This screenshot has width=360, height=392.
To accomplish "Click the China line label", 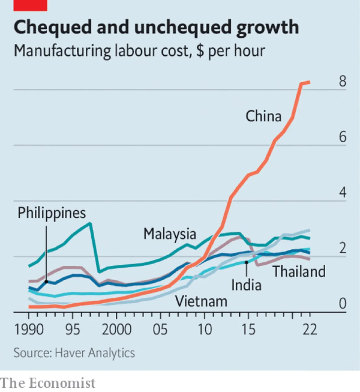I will [x=263, y=116].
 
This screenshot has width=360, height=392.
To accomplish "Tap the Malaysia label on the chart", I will [x=170, y=234].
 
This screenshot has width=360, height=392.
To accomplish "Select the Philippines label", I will [x=52, y=213].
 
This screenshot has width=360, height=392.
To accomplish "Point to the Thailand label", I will [x=299, y=271].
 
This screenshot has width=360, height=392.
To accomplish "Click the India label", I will [x=246, y=285].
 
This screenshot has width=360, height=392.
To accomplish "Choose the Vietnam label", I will [x=201, y=301].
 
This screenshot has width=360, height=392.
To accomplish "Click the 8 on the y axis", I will [x=342, y=81].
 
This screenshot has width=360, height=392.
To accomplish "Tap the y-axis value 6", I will [x=342, y=137].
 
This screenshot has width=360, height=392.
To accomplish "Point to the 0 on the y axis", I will [x=342, y=304].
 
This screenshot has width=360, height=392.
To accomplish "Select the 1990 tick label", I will [x=29, y=330].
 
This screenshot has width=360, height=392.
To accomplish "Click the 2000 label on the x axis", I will [x=116, y=330].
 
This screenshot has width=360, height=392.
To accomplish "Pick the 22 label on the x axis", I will [x=309, y=330].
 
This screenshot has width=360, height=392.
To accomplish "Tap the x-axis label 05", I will [x=160, y=330].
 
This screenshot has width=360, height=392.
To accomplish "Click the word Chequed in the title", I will [x=52, y=27].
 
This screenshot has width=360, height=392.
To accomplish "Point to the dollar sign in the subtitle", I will [x=200, y=51].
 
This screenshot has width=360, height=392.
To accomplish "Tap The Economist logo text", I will [x=48, y=383].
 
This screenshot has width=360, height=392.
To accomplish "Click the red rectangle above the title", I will [x=30, y=5].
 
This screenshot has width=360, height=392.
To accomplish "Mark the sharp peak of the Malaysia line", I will [x=90, y=223].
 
